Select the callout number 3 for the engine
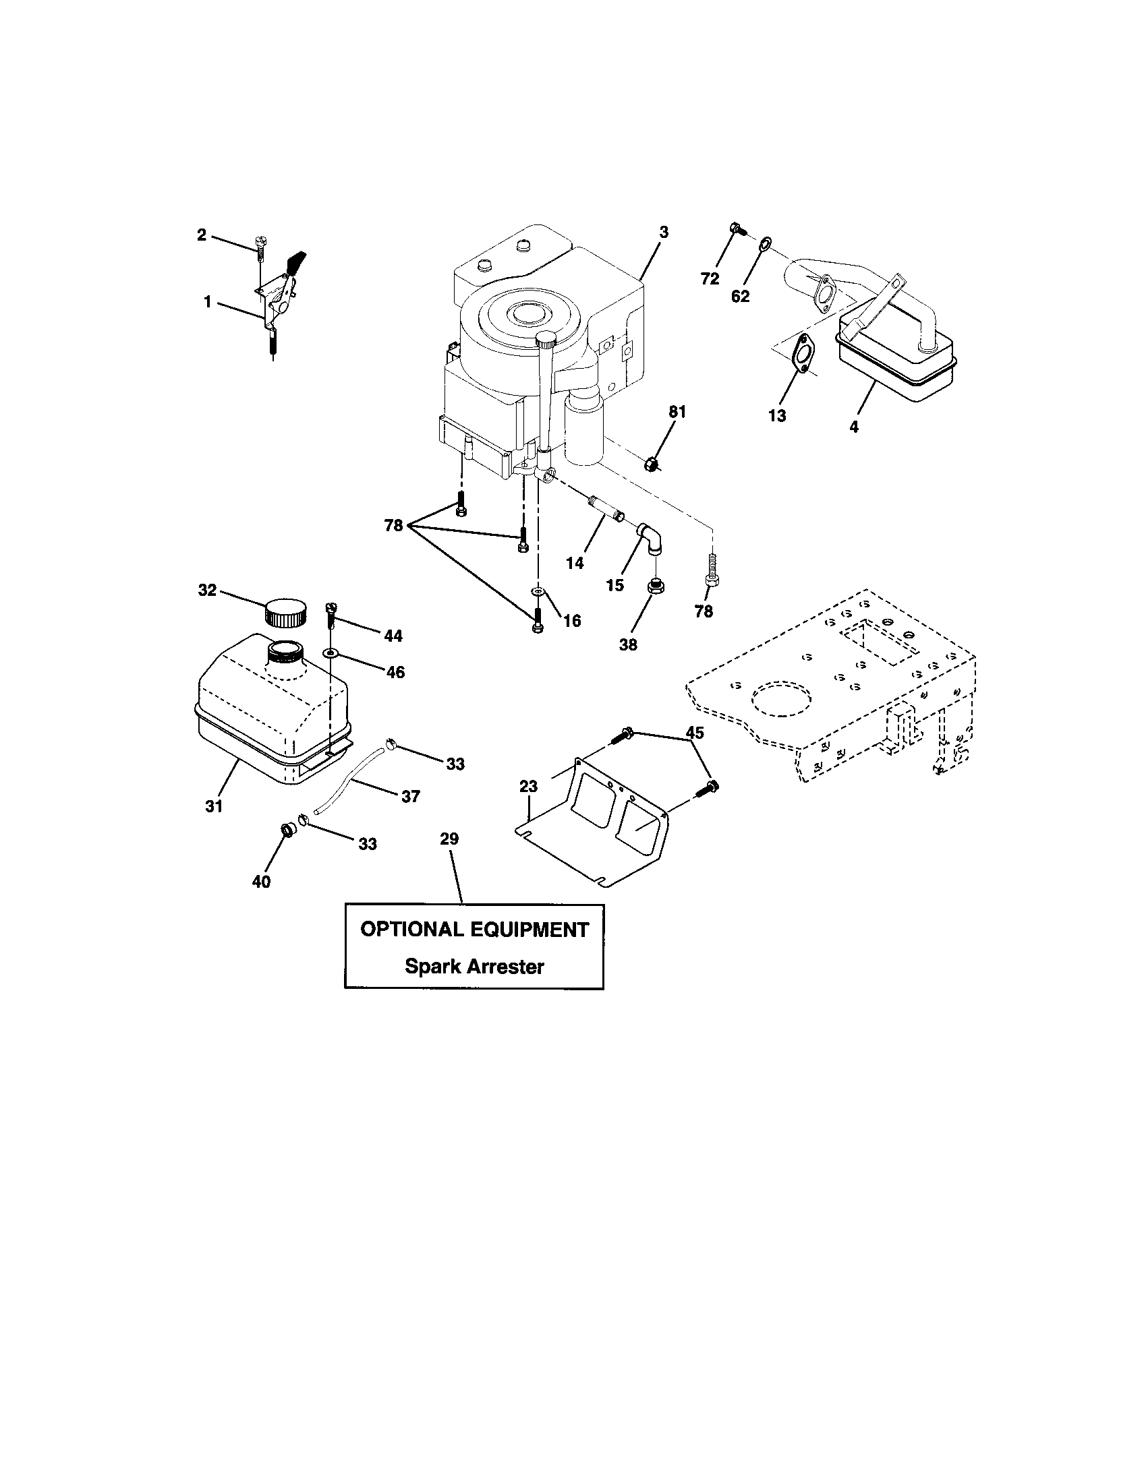tap(664, 233)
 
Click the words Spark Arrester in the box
tap(474, 966)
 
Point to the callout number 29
tap(449, 839)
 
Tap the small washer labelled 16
tap(539, 591)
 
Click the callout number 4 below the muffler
tap(854, 428)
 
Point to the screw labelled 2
tap(260, 247)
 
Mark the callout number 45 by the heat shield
tap(694, 733)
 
